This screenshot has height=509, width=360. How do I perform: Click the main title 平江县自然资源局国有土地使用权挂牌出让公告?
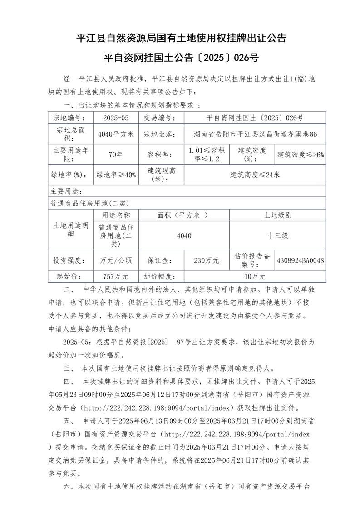pyautogui.click(x=181, y=38)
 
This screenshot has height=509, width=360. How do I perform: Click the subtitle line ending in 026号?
pyautogui.click(x=181, y=58)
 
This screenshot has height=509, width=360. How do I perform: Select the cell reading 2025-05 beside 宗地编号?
pyautogui.click(x=116, y=117)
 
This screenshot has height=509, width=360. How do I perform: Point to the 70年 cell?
pyautogui.click(x=116, y=155)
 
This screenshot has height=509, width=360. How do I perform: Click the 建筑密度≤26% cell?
pyautogui.click(x=301, y=155)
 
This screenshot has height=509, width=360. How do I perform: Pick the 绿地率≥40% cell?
pyautogui.click(x=116, y=175)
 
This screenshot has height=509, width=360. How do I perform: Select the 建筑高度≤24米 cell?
pyautogui.click(x=255, y=175)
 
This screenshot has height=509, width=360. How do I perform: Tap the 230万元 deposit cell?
pyautogui.click(x=207, y=260)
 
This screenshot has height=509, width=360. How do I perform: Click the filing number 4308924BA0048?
pyautogui.click(x=301, y=260)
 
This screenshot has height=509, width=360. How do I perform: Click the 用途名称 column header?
pyautogui.click(x=116, y=215)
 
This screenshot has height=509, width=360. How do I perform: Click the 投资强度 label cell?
pyautogui.click(x=70, y=260)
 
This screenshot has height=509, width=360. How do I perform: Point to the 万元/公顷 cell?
pyautogui.click(x=116, y=260)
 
